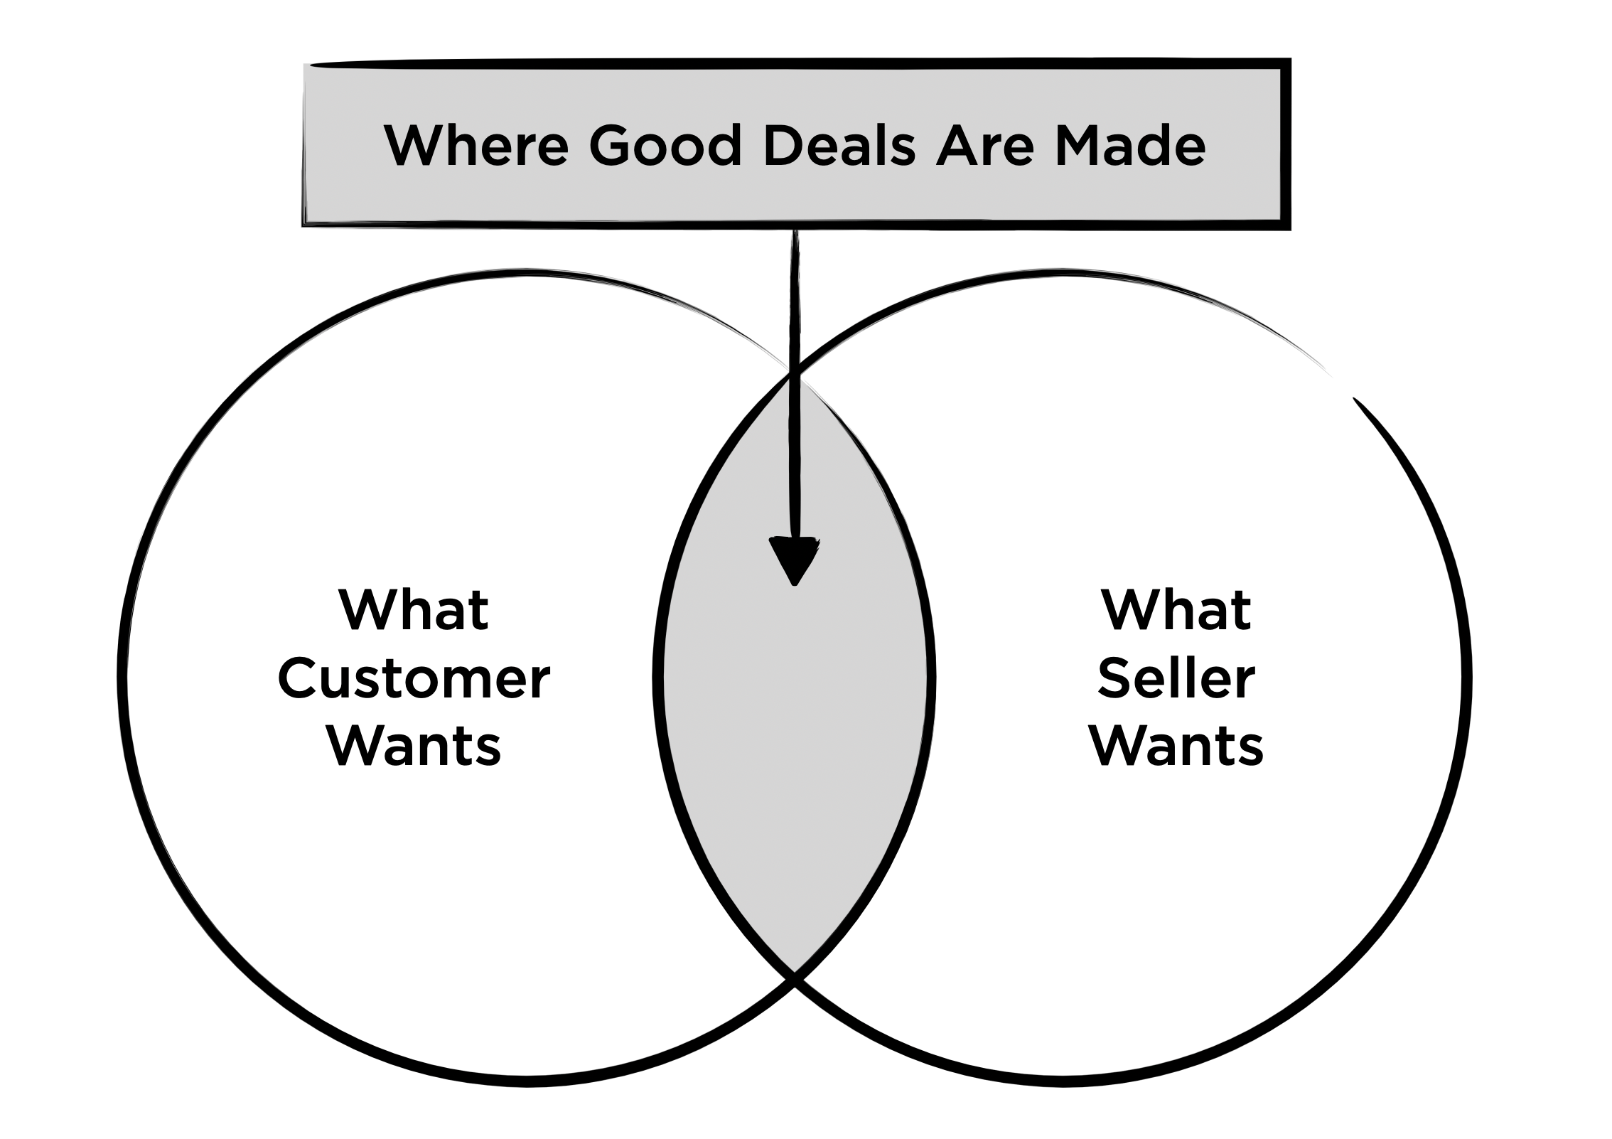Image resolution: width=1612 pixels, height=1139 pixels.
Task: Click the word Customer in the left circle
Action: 414,679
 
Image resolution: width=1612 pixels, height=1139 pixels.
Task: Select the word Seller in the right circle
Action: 1176,679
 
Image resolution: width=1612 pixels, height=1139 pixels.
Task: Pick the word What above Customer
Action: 414,610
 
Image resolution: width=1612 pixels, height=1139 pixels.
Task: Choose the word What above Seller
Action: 1176,610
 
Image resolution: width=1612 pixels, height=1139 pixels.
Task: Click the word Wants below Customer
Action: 414,746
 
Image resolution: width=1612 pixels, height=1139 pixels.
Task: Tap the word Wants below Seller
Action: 1176,746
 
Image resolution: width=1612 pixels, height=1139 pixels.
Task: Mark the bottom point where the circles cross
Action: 795,977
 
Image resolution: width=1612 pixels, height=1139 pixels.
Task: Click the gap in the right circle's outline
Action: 1342,386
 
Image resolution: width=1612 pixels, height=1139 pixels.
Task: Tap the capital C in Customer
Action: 299,679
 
